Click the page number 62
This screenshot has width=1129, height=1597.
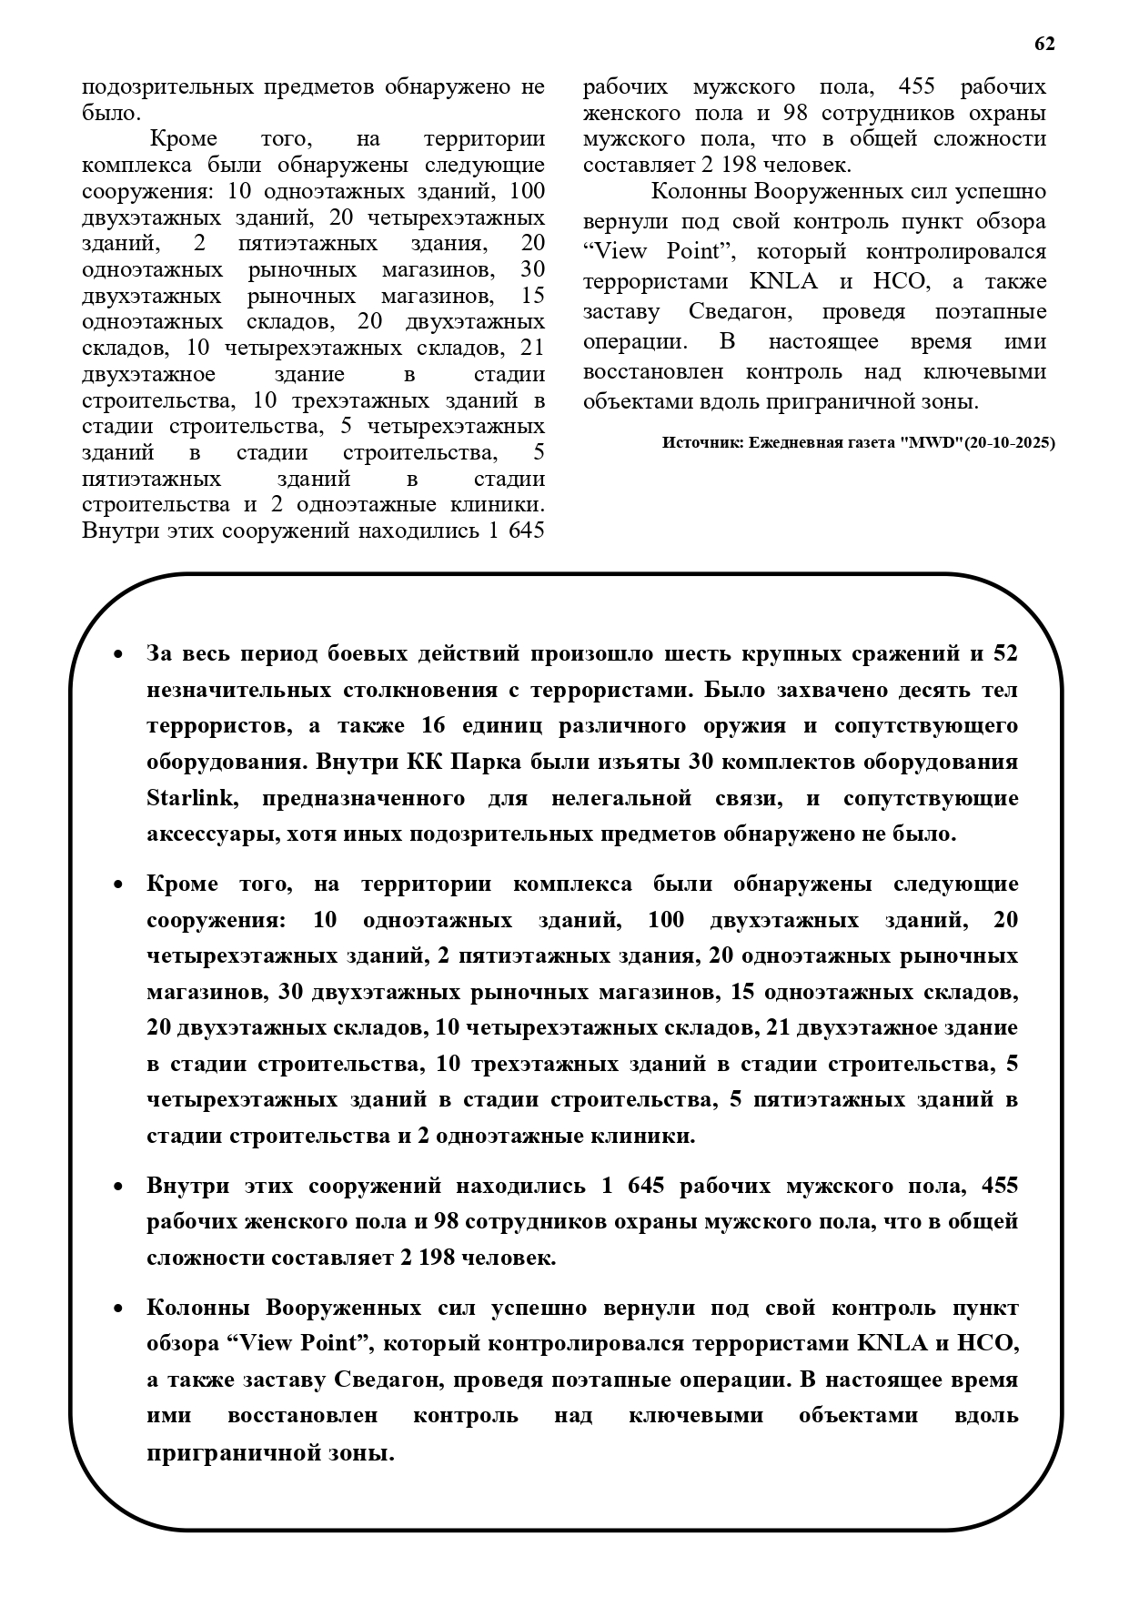[1044, 44]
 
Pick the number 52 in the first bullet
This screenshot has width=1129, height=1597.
[1005, 653]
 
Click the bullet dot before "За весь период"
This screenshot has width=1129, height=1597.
[118, 654]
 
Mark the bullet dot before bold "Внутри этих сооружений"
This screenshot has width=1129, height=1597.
[118, 1187]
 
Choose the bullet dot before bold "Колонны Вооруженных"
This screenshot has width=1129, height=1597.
[118, 1309]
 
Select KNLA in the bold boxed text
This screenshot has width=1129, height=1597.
[890, 1344]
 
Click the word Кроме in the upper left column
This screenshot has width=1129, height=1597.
[183, 139]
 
